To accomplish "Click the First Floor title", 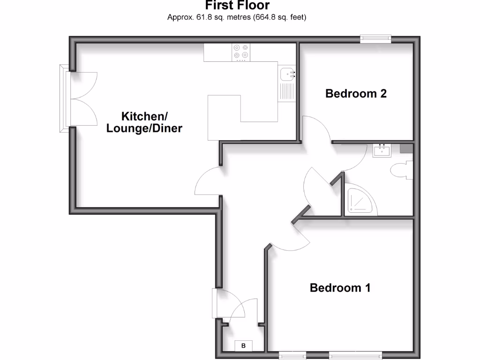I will [x=237, y=6].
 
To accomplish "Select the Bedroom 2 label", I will [x=356, y=93].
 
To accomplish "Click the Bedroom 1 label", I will [x=340, y=287].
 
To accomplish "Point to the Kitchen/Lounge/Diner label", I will [x=144, y=122].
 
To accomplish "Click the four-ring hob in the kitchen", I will [x=241, y=52].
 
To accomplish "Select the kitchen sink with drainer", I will [x=286, y=84].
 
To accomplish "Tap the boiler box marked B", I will [x=243, y=346].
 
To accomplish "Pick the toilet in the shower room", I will [x=403, y=170].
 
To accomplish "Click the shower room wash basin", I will [x=382, y=150].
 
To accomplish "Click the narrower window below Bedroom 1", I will [x=292, y=355].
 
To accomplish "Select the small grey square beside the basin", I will [x=406, y=149].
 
